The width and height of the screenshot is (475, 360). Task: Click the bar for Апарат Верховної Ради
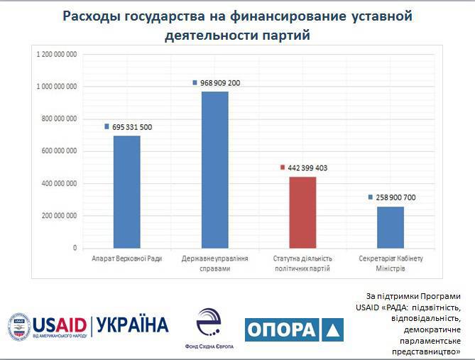(x=127, y=192)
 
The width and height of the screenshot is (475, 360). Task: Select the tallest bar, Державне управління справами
(x=215, y=170)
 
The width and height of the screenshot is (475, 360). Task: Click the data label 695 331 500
(x=132, y=127)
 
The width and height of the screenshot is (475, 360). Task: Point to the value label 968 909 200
(x=220, y=83)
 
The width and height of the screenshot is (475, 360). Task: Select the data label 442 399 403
(x=308, y=168)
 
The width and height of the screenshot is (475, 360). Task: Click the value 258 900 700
(x=396, y=197)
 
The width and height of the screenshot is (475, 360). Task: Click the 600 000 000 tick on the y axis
(x=58, y=151)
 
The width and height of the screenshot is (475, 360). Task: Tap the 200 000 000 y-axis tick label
(x=58, y=216)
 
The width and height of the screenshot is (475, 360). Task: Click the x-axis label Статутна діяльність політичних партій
(x=302, y=263)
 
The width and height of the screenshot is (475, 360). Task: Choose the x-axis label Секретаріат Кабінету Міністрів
(x=391, y=263)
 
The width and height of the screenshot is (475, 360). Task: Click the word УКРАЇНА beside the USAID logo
(x=132, y=325)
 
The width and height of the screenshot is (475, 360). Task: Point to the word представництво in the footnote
(x=432, y=351)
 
